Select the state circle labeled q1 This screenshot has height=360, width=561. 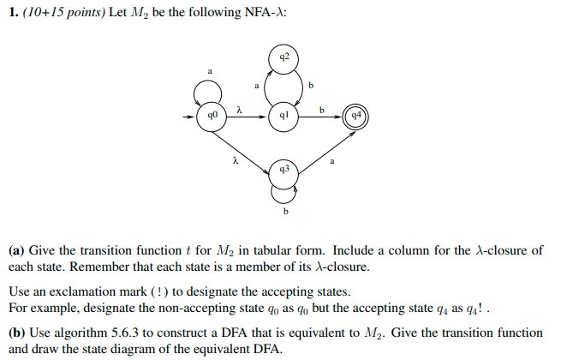(284, 114)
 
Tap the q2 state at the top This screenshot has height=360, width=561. (284, 58)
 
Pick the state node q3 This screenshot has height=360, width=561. (284, 171)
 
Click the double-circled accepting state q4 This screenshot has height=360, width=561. (354, 114)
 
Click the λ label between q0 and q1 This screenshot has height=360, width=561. (240, 108)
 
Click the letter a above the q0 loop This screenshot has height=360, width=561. (209, 70)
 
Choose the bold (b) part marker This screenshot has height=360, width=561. (17, 332)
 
